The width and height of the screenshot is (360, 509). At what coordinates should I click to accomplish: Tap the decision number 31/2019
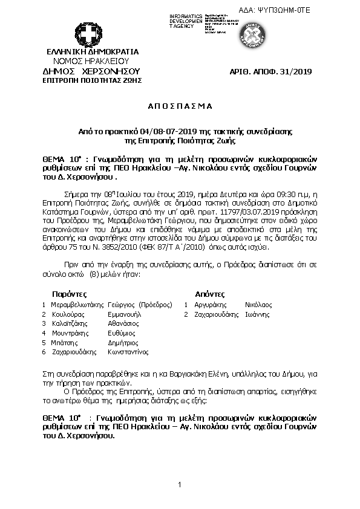tap(296, 72)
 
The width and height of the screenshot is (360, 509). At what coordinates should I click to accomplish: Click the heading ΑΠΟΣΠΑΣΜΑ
tap(180, 106)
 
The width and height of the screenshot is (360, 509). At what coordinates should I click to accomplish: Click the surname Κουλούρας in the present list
tap(67, 314)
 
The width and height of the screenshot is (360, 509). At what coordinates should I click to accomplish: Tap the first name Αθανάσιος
tap(124, 323)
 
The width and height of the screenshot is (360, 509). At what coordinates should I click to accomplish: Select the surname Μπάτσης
tap(63, 342)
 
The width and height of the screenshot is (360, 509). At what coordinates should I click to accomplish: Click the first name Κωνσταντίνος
tap(128, 351)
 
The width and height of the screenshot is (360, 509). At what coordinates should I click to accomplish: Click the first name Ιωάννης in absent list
tap(257, 314)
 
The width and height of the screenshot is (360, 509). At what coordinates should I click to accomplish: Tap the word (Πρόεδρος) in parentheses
tap(155, 305)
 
